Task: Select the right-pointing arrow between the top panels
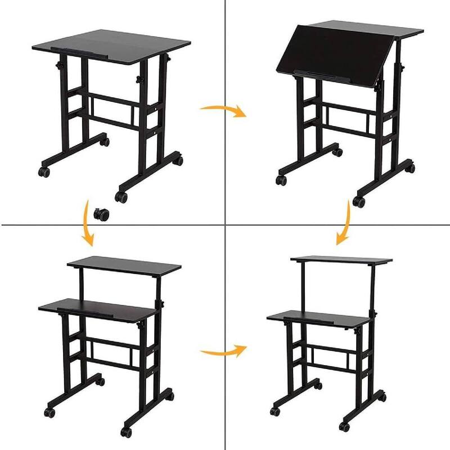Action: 223,109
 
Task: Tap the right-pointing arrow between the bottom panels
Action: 223,352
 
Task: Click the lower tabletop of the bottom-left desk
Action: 98,307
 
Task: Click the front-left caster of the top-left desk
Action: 43,170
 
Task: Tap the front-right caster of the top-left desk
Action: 120,196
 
